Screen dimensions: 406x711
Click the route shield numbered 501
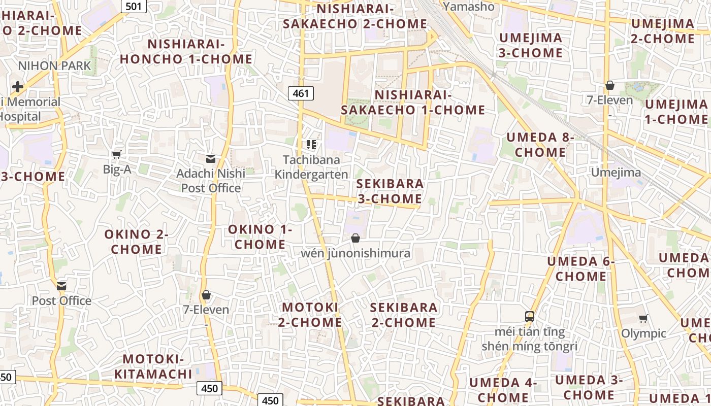[134, 6]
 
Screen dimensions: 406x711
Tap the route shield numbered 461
[301, 93]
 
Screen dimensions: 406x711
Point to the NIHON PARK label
[54, 65]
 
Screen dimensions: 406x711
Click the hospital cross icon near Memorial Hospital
[18, 87]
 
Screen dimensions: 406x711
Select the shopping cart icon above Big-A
[117, 154]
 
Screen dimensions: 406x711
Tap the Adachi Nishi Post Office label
[211, 181]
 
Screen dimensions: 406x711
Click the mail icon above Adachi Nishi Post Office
[210, 159]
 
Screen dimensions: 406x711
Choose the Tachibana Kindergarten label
[311, 167]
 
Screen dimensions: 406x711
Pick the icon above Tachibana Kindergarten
[311, 145]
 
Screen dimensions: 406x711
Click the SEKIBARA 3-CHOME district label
[390, 191]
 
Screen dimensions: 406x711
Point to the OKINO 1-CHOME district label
[260, 236]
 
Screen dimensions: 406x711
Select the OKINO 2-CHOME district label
[136, 242]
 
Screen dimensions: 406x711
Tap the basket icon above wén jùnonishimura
[355, 238]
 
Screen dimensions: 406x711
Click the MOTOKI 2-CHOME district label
[310, 315]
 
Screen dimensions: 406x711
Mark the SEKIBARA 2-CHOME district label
[404, 315]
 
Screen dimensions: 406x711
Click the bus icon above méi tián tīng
[530, 317]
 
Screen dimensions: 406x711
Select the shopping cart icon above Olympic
[643, 319]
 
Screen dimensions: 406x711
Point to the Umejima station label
[616, 173]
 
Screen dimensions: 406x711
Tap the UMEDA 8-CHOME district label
[540, 145]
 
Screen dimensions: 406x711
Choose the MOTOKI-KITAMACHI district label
[153, 367]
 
